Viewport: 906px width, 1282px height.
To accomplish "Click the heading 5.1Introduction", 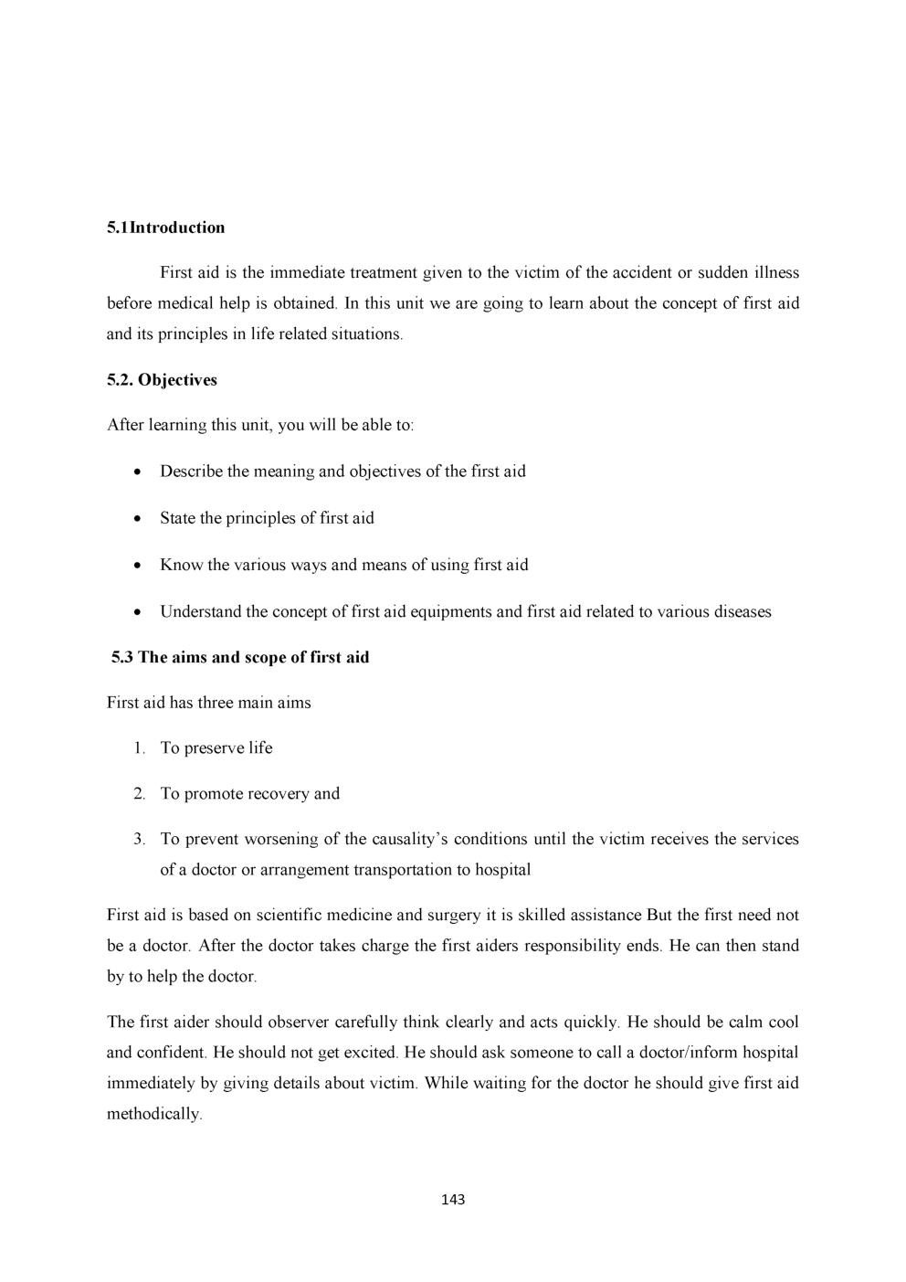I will pyautogui.click(x=165, y=228).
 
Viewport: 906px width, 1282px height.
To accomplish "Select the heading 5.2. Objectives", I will pyautogui.click(x=162, y=380).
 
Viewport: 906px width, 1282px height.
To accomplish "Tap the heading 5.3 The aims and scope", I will pyautogui.click(x=240, y=657).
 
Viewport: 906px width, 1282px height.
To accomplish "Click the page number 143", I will pyautogui.click(x=453, y=1199).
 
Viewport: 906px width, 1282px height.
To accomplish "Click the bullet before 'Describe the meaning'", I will pyautogui.click(x=136, y=472).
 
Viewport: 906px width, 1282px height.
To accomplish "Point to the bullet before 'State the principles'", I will pyautogui.click(x=136, y=519).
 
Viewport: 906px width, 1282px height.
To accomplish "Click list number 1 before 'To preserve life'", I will pyautogui.click(x=139, y=748).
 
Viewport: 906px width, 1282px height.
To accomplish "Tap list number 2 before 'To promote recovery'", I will pyautogui.click(x=139, y=794).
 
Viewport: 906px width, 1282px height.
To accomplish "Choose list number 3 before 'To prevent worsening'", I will pyautogui.click(x=139, y=839).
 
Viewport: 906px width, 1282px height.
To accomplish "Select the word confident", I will pyautogui.click(x=171, y=1053).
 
